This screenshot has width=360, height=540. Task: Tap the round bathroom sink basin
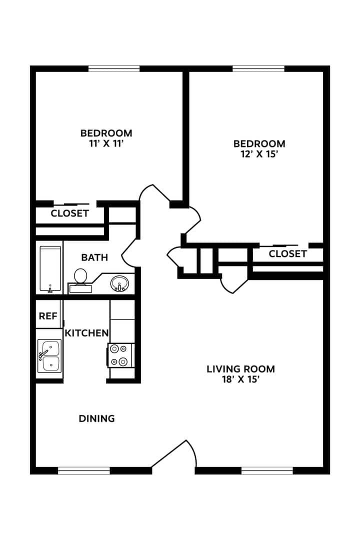coord(119,283)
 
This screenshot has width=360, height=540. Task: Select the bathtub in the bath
coord(50,269)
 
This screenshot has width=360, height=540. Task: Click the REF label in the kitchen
coord(48,316)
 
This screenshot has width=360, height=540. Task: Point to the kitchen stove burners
coord(119,355)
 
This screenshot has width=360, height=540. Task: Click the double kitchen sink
coord(49,356)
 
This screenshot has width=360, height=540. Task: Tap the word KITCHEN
coord(87,333)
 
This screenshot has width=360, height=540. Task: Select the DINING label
coord(97,418)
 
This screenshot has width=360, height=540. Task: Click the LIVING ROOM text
coord(241,369)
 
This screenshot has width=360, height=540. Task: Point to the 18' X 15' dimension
coord(241,379)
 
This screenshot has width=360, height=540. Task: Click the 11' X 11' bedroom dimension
coord(106,143)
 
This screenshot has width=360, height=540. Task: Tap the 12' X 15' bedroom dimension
coord(259,154)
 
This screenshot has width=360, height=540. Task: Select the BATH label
coord(94,257)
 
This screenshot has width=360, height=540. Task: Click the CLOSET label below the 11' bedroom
coord(69,213)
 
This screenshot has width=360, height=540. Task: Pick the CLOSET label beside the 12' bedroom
coord(287,254)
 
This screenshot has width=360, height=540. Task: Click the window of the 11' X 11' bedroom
coord(114,69)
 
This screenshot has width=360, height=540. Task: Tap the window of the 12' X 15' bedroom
coord(258,69)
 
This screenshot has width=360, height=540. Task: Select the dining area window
coord(83,470)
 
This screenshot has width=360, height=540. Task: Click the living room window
coord(267,470)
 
